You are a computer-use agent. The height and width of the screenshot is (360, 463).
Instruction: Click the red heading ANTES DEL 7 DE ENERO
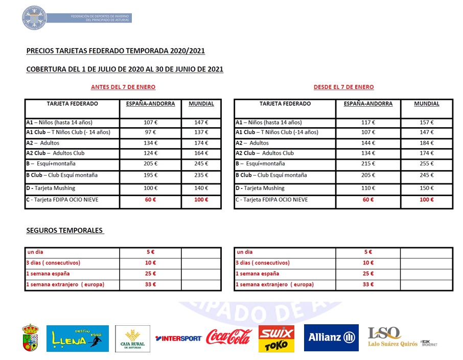click(123, 87)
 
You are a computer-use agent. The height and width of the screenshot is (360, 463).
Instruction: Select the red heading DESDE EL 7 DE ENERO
click(343, 87)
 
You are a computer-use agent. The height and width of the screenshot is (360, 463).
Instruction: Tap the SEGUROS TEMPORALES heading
click(65, 230)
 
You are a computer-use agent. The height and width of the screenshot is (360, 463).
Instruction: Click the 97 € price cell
click(150, 132)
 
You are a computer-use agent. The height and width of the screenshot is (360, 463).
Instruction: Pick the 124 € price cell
click(150, 153)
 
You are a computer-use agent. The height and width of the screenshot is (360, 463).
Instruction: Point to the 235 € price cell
click(201, 176)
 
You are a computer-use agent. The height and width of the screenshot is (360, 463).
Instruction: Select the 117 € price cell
click(368, 123)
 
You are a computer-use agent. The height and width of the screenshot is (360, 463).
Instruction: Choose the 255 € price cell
click(427, 164)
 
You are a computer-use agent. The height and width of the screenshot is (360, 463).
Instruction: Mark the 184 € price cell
click(427, 143)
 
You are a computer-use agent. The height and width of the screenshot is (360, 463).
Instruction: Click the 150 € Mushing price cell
click(427, 188)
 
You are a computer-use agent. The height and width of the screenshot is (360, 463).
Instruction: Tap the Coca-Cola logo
click(229, 337)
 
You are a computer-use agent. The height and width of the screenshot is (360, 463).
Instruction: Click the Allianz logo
click(331, 338)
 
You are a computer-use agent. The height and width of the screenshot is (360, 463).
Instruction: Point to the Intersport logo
click(179, 338)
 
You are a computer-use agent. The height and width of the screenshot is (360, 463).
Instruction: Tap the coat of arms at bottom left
click(30, 338)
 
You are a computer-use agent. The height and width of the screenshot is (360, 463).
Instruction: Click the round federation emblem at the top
click(34, 18)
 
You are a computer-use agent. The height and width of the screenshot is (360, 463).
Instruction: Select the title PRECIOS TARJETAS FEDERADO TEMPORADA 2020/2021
click(115, 51)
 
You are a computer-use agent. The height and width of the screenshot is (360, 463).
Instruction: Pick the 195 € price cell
click(150, 176)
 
